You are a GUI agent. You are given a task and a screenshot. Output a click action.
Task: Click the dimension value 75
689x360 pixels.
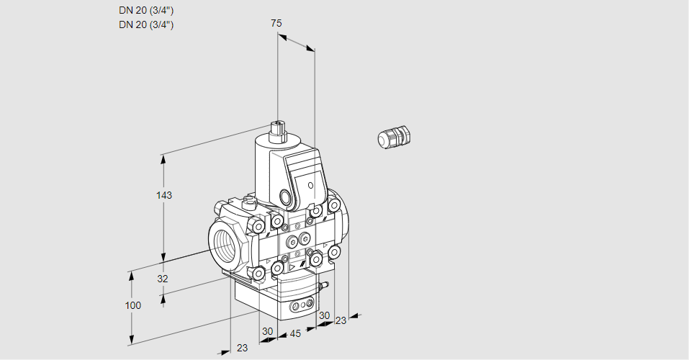pos(276,23)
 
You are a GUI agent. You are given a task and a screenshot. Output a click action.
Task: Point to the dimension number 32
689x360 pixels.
pos(163,279)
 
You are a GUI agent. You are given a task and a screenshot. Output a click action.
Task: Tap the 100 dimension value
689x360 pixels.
pos(133,305)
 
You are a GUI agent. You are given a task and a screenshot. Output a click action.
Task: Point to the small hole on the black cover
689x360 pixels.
pos(311,186)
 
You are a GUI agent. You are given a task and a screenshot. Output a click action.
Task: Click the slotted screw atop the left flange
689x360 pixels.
pos(250,202)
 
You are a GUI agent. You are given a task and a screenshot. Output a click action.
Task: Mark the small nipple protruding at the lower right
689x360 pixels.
pos(324,287)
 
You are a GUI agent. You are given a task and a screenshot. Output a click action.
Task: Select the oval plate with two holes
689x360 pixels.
pos(301,307)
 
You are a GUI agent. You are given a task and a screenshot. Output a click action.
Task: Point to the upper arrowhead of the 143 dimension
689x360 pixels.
pos(164,158)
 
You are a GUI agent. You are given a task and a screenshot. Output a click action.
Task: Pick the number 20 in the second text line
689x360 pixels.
pos(139,24)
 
